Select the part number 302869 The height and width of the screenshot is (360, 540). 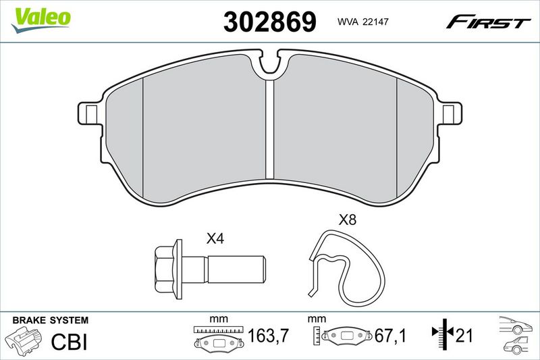(x=269, y=22)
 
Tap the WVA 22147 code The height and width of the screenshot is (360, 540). (x=362, y=22)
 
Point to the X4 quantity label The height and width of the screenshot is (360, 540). (x=215, y=238)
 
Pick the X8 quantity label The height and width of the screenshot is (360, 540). (x=348, y=220)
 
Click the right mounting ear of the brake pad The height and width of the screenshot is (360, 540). (x=450, y=113)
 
